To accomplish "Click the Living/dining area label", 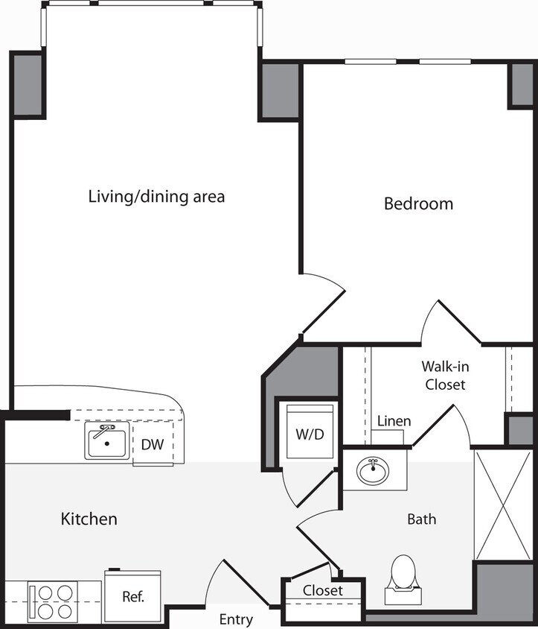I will [156, 197].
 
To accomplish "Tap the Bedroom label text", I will [418, 203].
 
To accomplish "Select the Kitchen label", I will [89, 519].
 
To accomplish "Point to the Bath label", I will [421, 519].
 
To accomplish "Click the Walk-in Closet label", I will [444, 376].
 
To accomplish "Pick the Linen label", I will [394, 422].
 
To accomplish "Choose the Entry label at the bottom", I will [236, 619].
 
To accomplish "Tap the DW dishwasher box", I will [153, 446].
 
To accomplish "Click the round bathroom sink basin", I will [371, 472].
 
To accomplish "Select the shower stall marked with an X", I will [504, 505].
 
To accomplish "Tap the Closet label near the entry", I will [323, 590].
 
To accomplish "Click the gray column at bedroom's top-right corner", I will [522, 85].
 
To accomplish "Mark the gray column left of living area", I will [28, 84].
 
